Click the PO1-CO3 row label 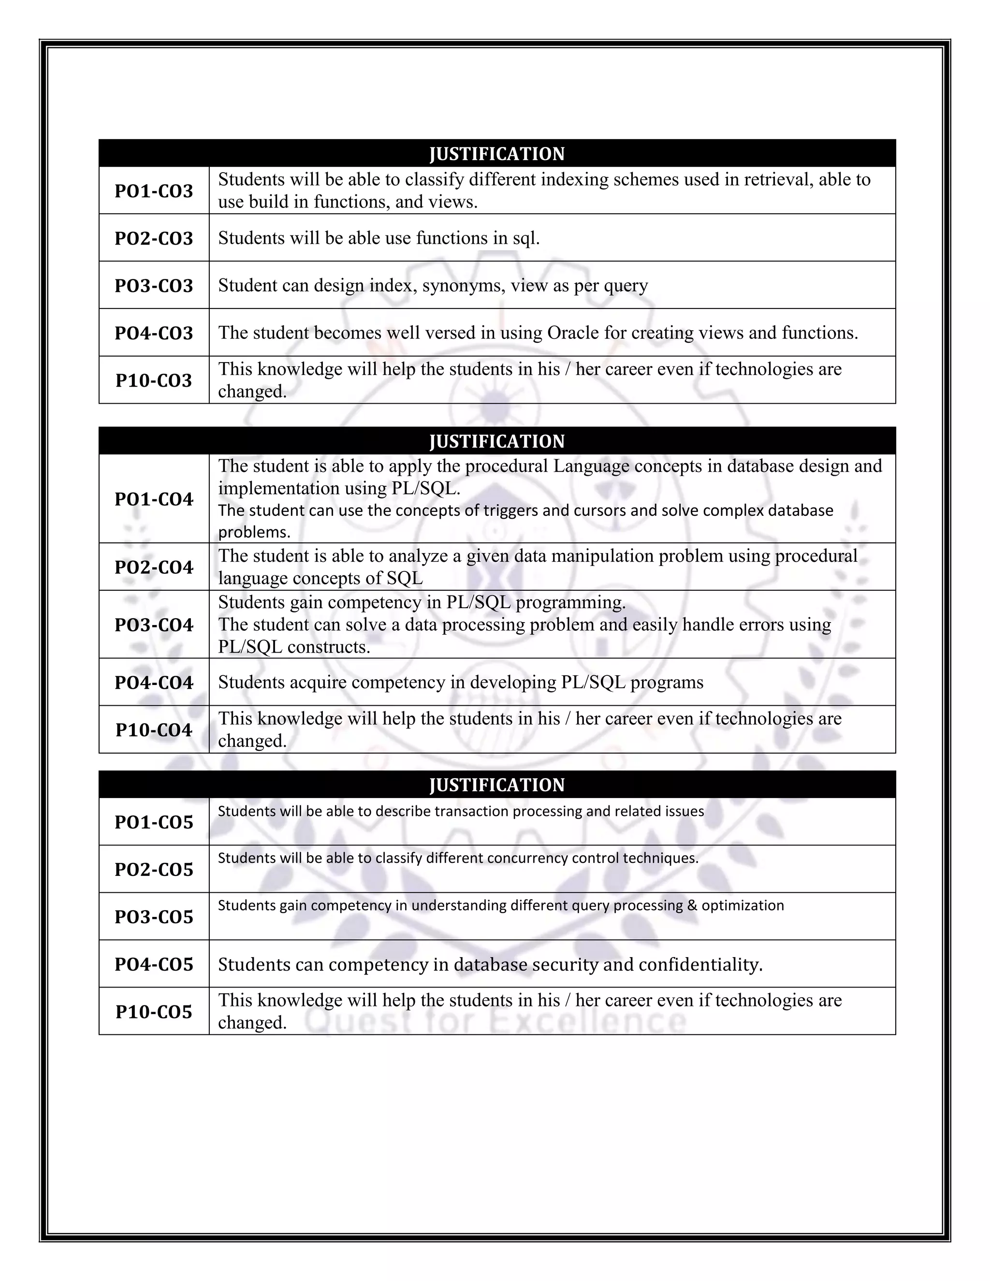pyautogui.click(x=154, y=191)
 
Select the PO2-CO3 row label pyautogui.click(x=154, y=239)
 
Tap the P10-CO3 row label pyautogui.click(x=154, y=380)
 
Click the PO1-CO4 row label pyautogui.click(x=154, y=499)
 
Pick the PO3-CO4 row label pyautogui.click(x=154, y=625)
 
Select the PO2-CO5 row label pyautogui.click(x=154, y=869)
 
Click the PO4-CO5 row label pyautogui.click(x=154, y=964)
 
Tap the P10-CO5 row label pyautogui.click(x=154, y=1012)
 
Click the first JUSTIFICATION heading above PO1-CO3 pyautogui.click(x=497, y=154)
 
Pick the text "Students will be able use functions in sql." pyautogui.click(x=379, y=238)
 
